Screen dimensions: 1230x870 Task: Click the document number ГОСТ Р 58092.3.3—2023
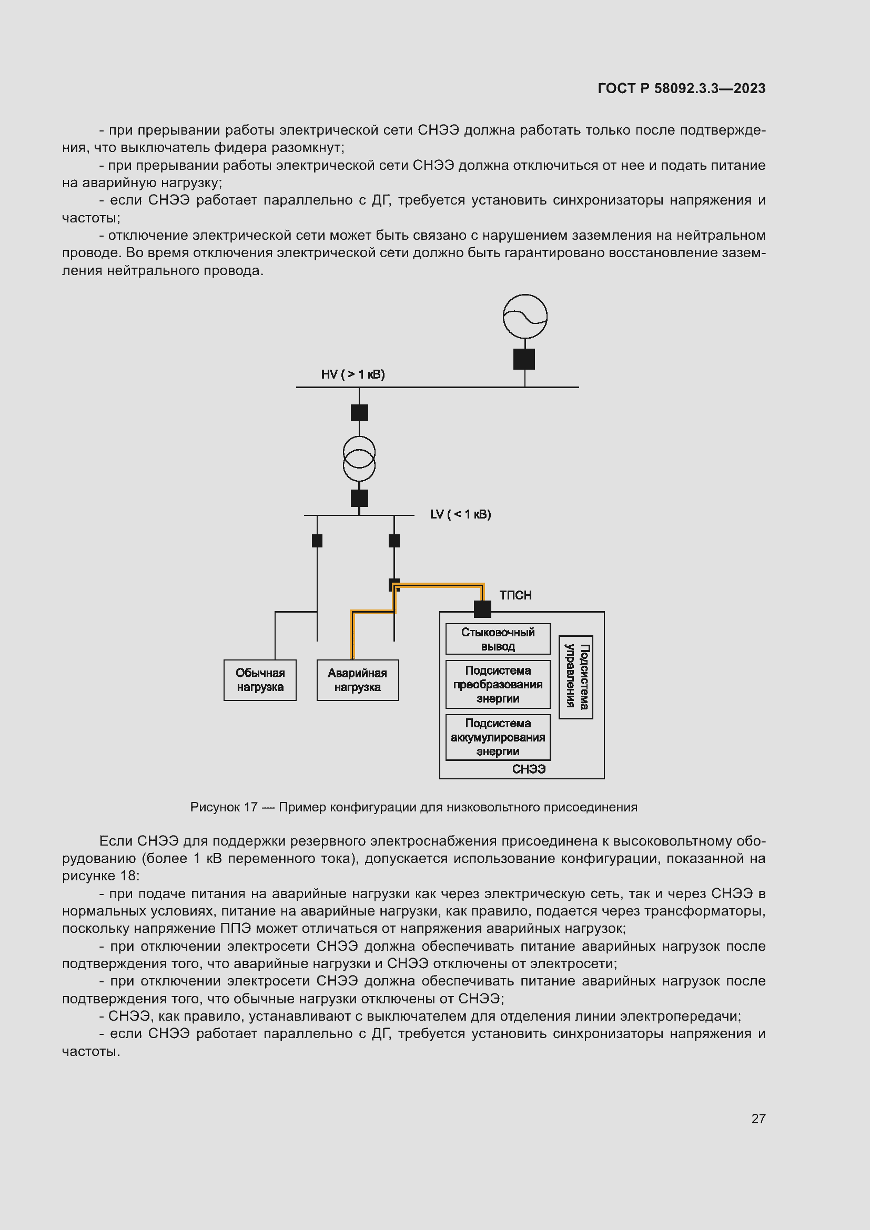681,88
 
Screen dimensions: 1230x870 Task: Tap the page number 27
758,1119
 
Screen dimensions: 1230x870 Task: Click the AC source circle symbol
524,316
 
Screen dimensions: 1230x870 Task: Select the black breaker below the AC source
524,359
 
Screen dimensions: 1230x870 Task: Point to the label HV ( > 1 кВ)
352,374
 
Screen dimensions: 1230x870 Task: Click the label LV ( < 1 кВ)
460,514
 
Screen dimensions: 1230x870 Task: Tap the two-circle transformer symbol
359,459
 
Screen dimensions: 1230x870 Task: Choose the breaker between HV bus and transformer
359,412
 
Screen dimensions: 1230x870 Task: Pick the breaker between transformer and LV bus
359,498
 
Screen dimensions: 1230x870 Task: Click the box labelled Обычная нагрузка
260,680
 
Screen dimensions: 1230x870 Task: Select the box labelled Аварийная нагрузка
357,680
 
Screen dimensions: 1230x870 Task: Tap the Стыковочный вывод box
498,638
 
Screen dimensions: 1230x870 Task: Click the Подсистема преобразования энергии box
498,684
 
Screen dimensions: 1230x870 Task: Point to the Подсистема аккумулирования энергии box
498,737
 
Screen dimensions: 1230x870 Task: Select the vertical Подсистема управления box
575,677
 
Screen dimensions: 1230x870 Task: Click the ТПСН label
515,595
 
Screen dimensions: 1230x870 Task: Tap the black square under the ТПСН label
482,609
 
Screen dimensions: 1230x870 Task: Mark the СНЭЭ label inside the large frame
528,769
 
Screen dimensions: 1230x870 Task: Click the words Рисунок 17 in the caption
224,807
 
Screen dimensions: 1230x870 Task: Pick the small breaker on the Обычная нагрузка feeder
317,541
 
